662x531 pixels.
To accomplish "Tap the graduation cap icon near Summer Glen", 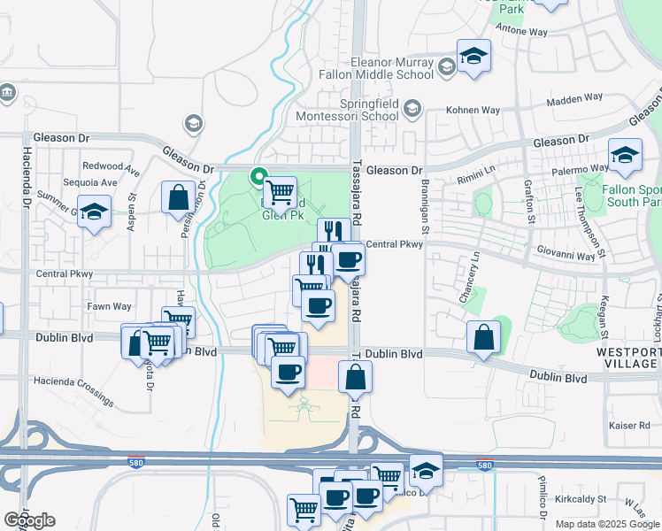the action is [x=93, y=212].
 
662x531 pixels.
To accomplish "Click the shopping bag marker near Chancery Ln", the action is [x=483, y=336].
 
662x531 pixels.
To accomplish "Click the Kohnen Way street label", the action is [x=473, y=111].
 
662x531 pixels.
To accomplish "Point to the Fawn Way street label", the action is [x=110, y=306].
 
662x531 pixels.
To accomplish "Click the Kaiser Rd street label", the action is [x=630, y=426].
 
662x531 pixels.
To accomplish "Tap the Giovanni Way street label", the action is [x=566, y=255].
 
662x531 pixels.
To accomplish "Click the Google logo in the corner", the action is [x=29, y=520].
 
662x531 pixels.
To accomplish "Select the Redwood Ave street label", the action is [x=111, y=166].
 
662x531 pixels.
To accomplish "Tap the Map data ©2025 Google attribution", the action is [x=605, y=524].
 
